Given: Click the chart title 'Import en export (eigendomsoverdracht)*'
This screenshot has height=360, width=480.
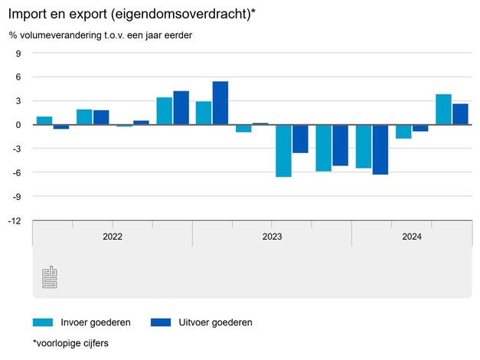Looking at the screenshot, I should click(x=130, y=13).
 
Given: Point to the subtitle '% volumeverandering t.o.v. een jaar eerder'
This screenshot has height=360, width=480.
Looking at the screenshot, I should click(x=100, y=35).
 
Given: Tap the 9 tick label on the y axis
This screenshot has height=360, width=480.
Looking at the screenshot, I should click(x=18, y=54).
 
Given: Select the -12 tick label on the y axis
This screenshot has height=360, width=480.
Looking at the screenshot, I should click(x=15, y=221).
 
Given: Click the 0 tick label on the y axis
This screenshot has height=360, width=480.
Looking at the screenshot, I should click(x=18, y=125).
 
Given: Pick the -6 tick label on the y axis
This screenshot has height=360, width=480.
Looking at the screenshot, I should click(x=17, y=173).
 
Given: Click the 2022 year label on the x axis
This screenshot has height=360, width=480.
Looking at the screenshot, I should click(x=112, y=237).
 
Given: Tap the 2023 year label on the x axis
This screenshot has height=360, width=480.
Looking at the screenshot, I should click(x=272, y=237).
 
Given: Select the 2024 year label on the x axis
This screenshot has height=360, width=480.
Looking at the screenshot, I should click(x=411, y=237).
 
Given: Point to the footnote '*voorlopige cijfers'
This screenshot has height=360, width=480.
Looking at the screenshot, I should click(x=70, y=343).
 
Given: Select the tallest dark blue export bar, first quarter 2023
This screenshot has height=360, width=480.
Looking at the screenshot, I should click(x=220, y=103).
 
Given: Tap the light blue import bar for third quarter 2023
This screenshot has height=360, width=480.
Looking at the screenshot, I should click(x=284, y=150).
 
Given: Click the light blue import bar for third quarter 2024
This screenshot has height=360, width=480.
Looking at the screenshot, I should click(x=443, y=110).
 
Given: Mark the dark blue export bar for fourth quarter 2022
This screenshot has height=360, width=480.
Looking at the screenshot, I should click(x=181, y=108).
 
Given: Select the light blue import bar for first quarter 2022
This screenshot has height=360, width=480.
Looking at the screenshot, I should click(x=44, y=120).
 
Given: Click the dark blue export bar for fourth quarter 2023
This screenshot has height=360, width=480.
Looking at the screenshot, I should click(x=340, y=145).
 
